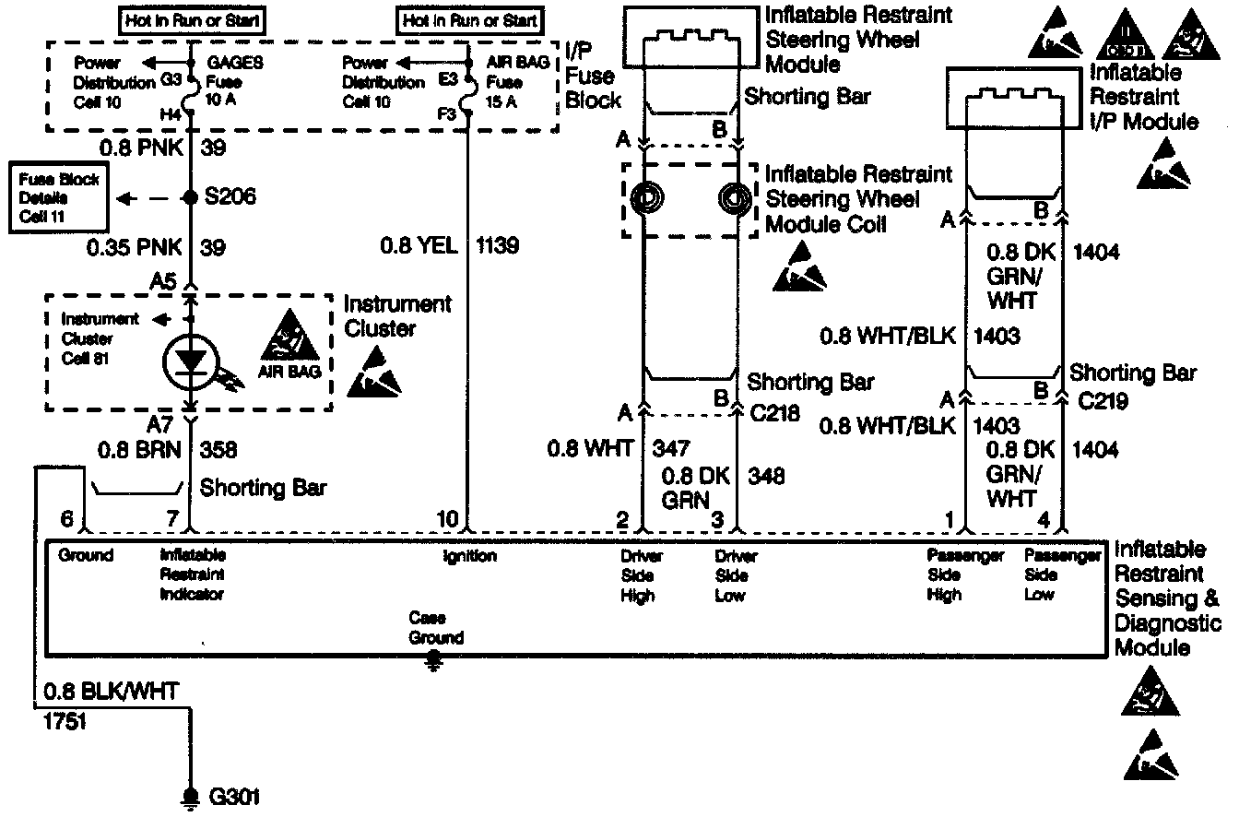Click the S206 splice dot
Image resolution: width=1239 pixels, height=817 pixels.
point(191,197)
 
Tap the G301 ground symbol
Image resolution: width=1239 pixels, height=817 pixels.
point(192,795)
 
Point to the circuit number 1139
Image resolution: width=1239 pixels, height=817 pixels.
point(497,246)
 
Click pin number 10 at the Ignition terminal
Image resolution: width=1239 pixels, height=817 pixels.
point(447,521)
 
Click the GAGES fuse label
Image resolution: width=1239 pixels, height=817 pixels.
point(236,65)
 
